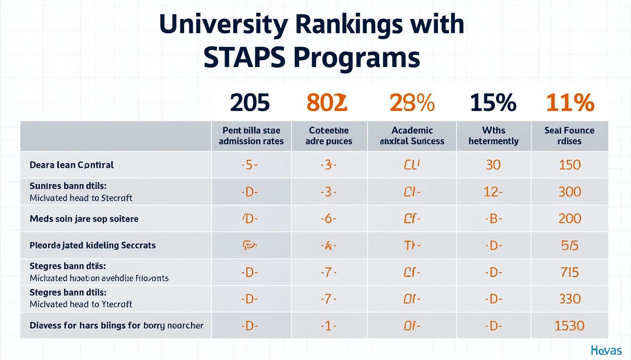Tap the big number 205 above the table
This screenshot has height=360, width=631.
coord(250,103)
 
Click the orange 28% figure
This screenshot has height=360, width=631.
coord(412,103)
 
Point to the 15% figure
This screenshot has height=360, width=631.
coord(493,103)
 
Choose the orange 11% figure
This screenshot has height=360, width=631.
coord(570,103)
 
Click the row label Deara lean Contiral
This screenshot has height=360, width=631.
coord(71,165)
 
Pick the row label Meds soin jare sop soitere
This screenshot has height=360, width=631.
coord(84,219)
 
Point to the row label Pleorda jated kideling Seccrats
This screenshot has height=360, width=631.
coord(92,245)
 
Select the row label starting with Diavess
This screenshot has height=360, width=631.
coord(116,325)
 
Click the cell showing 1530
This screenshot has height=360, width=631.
coord(569,325)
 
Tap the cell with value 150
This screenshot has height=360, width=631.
coord(569,165)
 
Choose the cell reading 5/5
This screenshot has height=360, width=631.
coord(569,245)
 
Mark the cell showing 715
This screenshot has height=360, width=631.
coord(569,272)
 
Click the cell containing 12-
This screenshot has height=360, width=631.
coord(493,192)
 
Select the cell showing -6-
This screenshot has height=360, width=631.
coord(329,219)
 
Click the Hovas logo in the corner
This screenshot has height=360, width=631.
coord(607,350)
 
